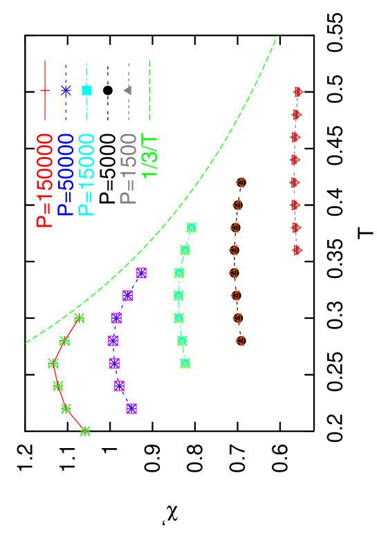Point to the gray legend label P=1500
(x=129, y=169)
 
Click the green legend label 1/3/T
(x=149, y=156)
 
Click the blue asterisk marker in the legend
(x=66, y=90)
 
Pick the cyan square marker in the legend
(x=86, y=90)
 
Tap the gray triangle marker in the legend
(x=127, y=90)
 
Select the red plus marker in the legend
(x=45, y=90)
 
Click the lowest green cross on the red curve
(x=85, y=431)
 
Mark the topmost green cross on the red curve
(x=79, y=318)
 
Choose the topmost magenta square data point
(x=142, y=273)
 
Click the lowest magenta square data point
(x=131, y=409)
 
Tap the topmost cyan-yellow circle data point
(x=192, y=228)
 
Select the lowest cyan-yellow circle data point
(x=185, y=363)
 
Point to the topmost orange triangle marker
(x=240, y=183)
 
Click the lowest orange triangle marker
(x=240, y=340)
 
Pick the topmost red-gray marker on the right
(x=298, y=92)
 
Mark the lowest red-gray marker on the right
(x=297, y=250)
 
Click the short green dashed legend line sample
(x=149, y=90)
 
